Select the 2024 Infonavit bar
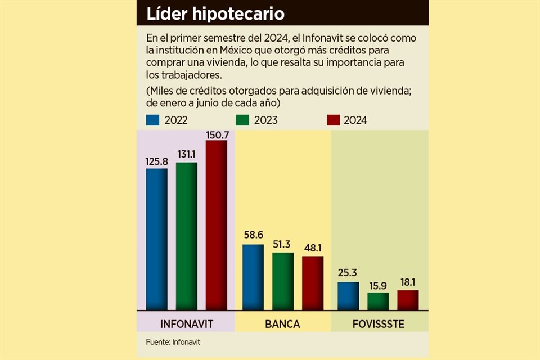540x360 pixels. point(217,225)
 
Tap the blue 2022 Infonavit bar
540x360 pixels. point(156,239)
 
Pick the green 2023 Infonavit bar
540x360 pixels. point(186,236)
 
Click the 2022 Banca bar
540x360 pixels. point(253,277)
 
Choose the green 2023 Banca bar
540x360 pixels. point(283,281)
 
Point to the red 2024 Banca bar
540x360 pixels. point(313,283)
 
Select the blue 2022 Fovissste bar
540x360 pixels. point(348,296)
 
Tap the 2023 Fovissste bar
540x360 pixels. point(378,301)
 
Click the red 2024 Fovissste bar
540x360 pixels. point(408,300)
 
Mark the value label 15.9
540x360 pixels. point(378,286)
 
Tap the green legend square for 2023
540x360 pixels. point(242,120)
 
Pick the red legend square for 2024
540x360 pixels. point(333,120)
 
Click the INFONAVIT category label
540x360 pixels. point(186,325)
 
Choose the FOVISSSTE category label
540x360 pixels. point(379,325)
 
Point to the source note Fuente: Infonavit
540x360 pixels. point(173,341)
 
